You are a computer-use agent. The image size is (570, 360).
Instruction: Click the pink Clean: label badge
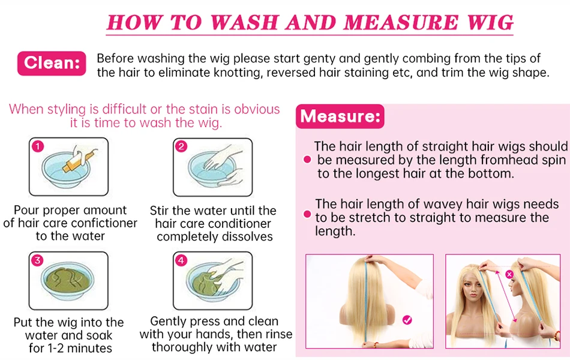pyautogui.click(x=52, y=63)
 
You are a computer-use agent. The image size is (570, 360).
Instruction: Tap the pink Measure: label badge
pyautogui.click(x=340, y=116)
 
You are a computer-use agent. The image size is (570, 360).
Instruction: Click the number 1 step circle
pyautogui.click(x=38, y=146)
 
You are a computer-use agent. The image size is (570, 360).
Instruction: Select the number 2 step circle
pyautogui.click(x=181, y=146)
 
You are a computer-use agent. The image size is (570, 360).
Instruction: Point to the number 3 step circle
pyautogui.click(x=37, y=260)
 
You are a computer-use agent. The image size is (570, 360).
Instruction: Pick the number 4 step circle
pyautogui.click(x=181, y=260)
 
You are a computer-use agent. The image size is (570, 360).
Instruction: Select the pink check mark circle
pyautogui.click(x=407, y=320)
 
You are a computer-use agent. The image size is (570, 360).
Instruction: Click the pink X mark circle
pyautogui.click(x=509, y=275)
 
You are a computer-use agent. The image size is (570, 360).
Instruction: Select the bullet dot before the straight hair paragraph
pyautogui.click(x=307, y=159)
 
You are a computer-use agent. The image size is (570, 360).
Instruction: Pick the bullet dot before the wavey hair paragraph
pyautogui.click(x=307, y=214)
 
